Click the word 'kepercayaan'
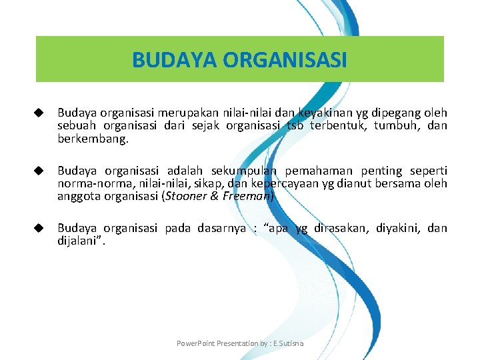click(264, 183)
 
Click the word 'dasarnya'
click(221, 228)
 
